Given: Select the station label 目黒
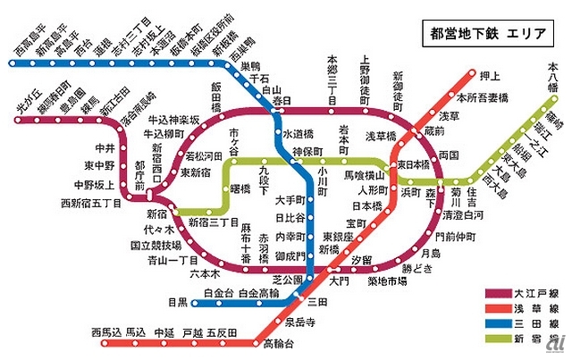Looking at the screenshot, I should coord(178,301).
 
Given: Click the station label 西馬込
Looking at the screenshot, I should coord(105,332).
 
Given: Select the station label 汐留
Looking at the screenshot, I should coord(362,258).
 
